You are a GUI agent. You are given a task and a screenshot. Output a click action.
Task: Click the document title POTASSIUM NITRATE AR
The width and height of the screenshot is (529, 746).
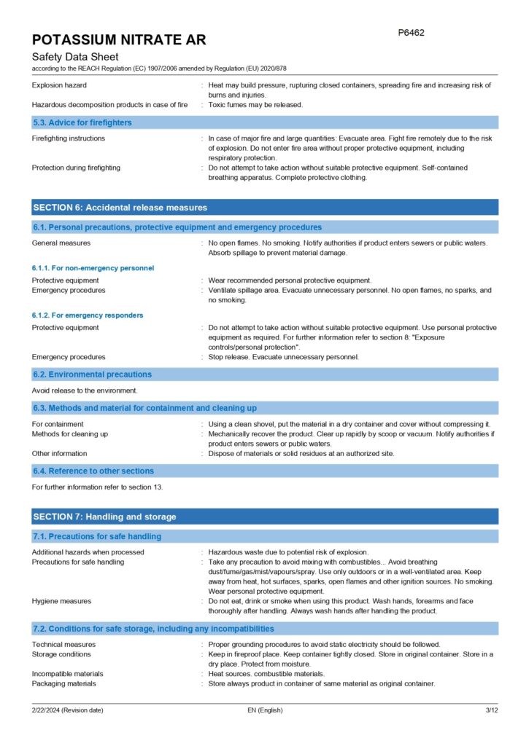[119, 39]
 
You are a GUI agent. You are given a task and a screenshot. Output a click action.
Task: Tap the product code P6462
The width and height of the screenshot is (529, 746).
[411, 33]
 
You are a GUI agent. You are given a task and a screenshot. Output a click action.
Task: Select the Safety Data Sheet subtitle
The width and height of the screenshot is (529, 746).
[75, 57]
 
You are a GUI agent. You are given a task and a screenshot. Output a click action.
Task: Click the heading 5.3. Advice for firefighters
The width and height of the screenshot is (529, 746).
[82, 122]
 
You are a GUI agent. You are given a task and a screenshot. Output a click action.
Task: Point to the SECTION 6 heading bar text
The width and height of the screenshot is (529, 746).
[120, 208]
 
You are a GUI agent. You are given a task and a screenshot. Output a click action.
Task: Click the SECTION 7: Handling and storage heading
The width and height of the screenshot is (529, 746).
[105, 517]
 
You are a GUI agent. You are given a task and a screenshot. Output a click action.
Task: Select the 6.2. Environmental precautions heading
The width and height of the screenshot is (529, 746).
[93, 374]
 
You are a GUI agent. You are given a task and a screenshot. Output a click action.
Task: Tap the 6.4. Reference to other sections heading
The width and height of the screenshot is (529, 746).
[93, 471]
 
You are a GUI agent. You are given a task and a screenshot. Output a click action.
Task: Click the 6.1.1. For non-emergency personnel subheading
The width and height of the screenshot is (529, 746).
[93, 268]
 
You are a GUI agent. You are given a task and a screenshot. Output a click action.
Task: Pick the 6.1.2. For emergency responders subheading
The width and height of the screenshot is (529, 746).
[88, 315]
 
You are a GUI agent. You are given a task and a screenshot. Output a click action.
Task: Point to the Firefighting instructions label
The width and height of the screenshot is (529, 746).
[69, 138]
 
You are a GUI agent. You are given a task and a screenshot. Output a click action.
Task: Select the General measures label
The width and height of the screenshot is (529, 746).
[61, 243]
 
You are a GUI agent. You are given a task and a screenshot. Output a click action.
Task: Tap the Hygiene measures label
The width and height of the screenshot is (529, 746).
[62, 601]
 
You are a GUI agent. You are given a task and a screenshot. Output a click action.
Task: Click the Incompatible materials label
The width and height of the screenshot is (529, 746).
[68, 674]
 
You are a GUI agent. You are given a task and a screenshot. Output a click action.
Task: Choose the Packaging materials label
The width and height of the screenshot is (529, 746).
[64, 683]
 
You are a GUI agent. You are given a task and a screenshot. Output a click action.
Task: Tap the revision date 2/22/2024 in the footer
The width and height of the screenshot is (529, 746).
[67, 710]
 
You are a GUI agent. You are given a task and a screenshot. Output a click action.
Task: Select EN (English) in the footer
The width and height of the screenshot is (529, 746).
[266, 710]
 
